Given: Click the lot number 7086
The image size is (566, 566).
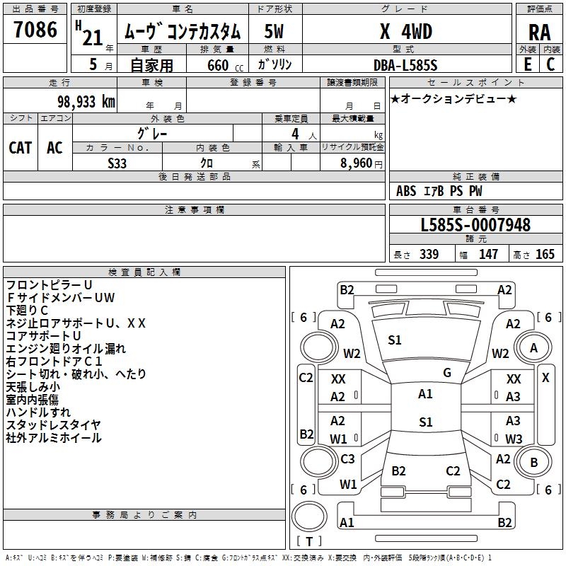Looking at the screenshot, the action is point(35,30).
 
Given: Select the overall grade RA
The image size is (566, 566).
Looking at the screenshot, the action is point(539,31).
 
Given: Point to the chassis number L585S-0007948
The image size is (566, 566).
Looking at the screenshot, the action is point(475,226).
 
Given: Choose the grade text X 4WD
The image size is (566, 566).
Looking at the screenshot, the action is point(406,31).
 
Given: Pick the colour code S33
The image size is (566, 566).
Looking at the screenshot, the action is point(117,163).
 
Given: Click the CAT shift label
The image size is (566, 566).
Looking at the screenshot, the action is point(21,148).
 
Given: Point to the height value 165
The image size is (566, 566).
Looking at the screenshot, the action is point(545,255).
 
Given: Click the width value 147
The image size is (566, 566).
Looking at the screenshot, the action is point(489,255).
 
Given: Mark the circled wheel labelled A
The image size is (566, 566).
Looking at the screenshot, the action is point(533,347).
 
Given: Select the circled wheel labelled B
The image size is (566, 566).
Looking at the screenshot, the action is point(534,463).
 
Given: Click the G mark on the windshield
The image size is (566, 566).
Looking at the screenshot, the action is point(447,373).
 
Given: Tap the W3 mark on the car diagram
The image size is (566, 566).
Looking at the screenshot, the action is point(514,439).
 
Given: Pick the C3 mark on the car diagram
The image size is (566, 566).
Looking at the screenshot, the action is point(348,459).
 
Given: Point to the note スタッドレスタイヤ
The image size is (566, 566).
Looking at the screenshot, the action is point(53,424).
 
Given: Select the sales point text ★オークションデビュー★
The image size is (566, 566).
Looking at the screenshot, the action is point(453,98).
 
